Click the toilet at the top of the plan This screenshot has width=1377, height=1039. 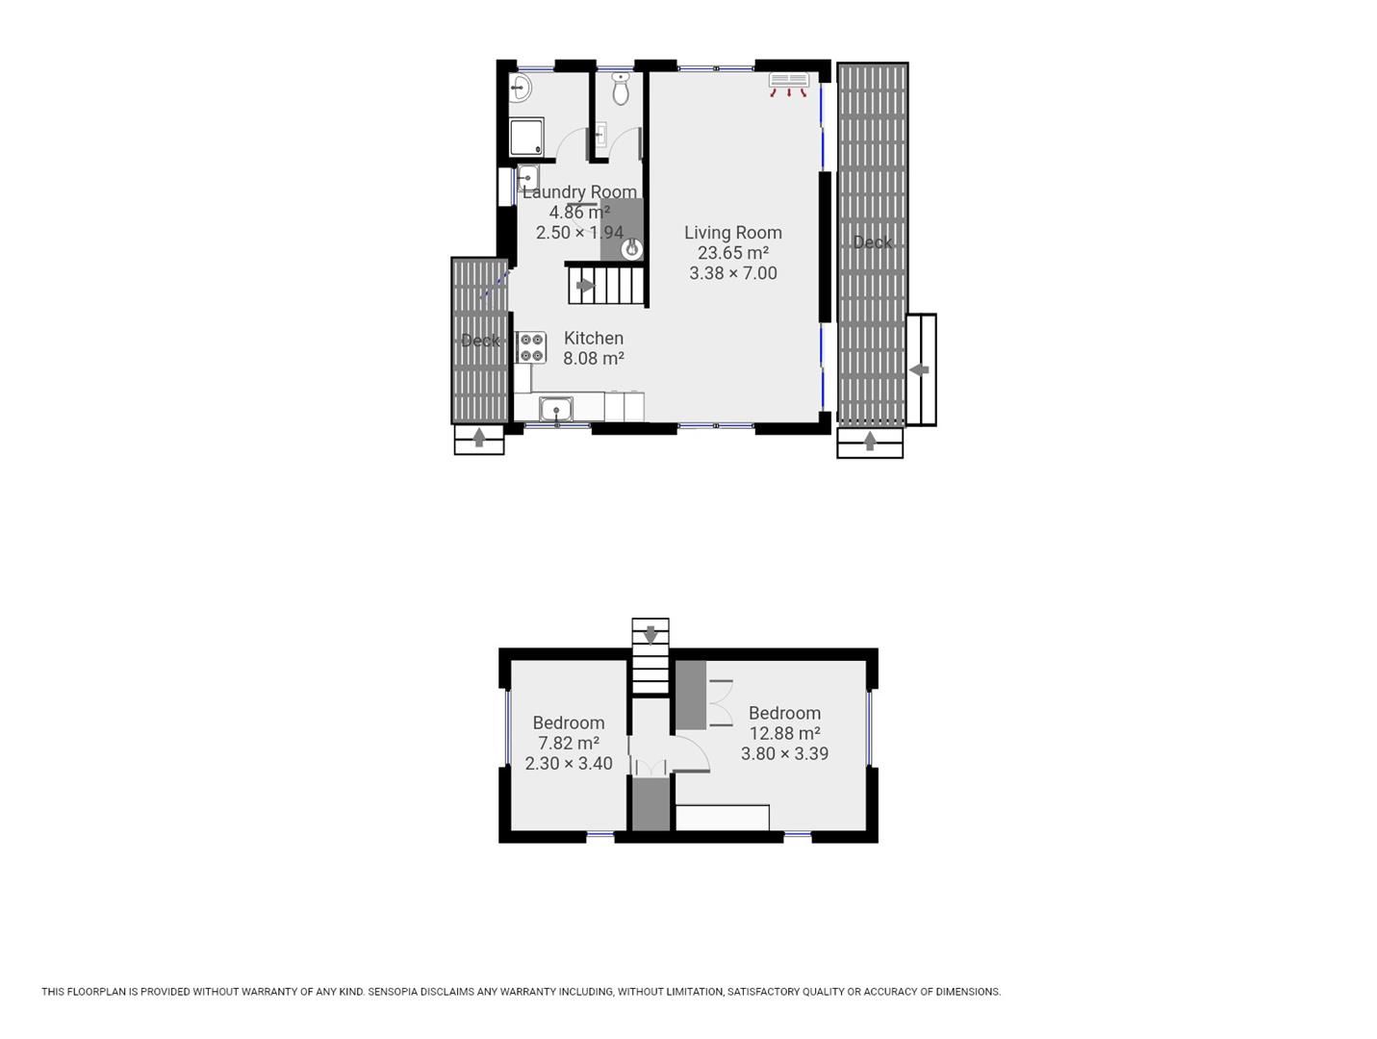pos(620,89)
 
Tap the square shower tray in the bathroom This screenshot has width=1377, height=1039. pos(526,137)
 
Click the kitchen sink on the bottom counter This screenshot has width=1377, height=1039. pos(556,410)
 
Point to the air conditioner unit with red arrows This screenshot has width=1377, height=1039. pos(789,85)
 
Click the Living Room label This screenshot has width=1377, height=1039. pos(732,233)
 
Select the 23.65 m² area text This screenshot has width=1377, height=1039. pos(733,253)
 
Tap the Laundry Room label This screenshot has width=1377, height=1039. pos(579,191)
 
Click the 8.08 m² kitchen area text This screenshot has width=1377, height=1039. pos(594,358)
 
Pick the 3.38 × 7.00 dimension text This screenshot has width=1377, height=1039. pos(733,273)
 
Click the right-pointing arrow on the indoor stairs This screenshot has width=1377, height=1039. pos(585,286)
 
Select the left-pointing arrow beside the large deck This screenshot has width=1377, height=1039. pos(919,370)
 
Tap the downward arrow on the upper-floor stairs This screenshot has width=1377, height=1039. pos(650,635)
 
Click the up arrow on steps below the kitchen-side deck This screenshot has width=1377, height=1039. pos(479,437)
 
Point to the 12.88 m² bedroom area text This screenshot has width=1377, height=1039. pos(785,733)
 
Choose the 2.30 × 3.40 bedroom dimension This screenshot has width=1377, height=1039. pos(569,764)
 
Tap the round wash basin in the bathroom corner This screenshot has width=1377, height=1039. pos(520,88)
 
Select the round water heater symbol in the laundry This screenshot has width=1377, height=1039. pos(631,249)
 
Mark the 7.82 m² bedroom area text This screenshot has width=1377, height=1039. pos(569,743)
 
